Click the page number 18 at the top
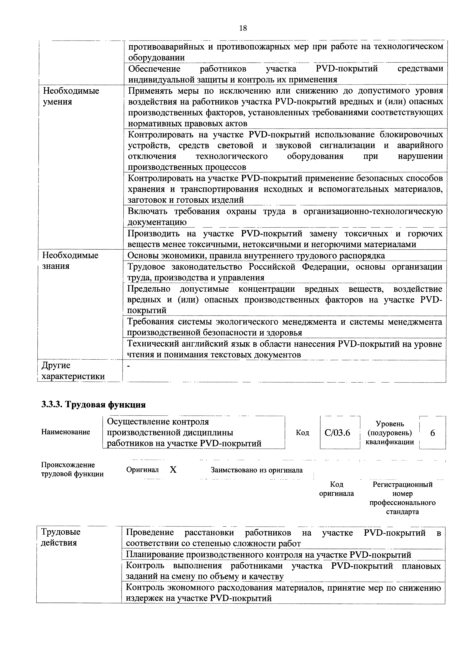tap(243, 28)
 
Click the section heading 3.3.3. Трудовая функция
tap(94, 405)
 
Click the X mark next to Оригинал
tap(173, 470)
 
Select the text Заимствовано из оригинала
tap(256, 470)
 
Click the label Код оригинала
tap(336, 489)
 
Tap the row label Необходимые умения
tap(71, 96)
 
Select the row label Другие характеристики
tap(73, 371)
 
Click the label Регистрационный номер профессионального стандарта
tap(402, 498)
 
